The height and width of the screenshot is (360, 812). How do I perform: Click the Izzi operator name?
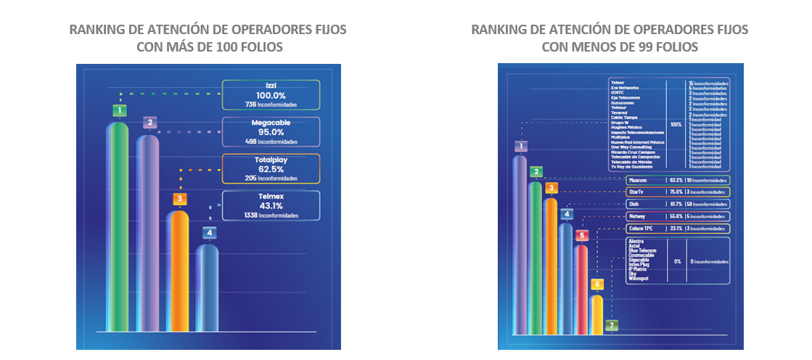(270, 86)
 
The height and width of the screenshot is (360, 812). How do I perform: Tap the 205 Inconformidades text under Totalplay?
(271, 178)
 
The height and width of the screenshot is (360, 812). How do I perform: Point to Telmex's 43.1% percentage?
(270, 205)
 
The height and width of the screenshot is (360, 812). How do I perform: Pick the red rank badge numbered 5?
(581, 236)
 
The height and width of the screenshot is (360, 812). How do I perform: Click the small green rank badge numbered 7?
(613, 325)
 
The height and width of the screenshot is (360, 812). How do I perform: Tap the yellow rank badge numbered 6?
(596, 285)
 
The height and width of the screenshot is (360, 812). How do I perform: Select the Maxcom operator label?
(639, 179)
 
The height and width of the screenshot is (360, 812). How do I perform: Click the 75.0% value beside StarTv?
(676, 192)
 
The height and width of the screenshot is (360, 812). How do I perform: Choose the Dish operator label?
(633, 204)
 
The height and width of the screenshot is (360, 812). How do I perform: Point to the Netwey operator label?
(637, 216)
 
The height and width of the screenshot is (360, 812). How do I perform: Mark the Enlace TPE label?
(641, 229)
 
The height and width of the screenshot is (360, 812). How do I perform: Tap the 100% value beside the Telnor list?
(676, 125)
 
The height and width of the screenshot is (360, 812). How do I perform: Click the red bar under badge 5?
(581, 290)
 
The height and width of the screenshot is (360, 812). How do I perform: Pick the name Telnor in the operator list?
(618, 83)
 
